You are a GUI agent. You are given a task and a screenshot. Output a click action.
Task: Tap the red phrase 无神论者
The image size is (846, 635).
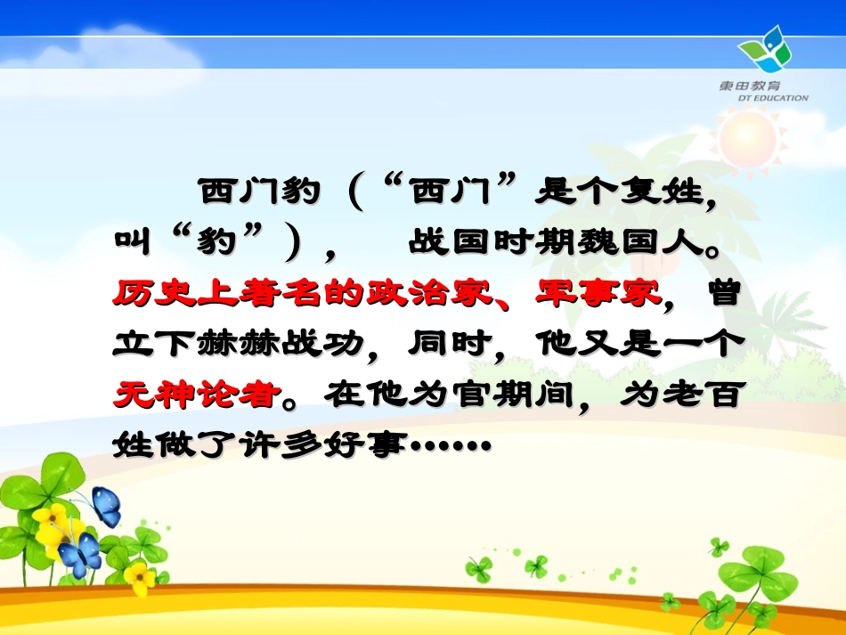click(x=192, y=395)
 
